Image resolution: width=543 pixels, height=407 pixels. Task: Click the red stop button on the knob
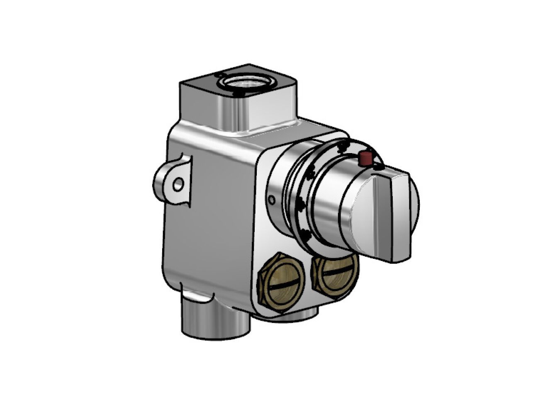tap(366, 158)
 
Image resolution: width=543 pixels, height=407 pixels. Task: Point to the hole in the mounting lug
tap(178, 183)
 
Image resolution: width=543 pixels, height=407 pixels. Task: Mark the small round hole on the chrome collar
tap(271, 200)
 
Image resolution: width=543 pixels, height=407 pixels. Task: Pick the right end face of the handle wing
tap(404, 216)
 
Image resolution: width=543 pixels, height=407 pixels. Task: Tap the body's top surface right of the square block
tap(315, 129)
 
